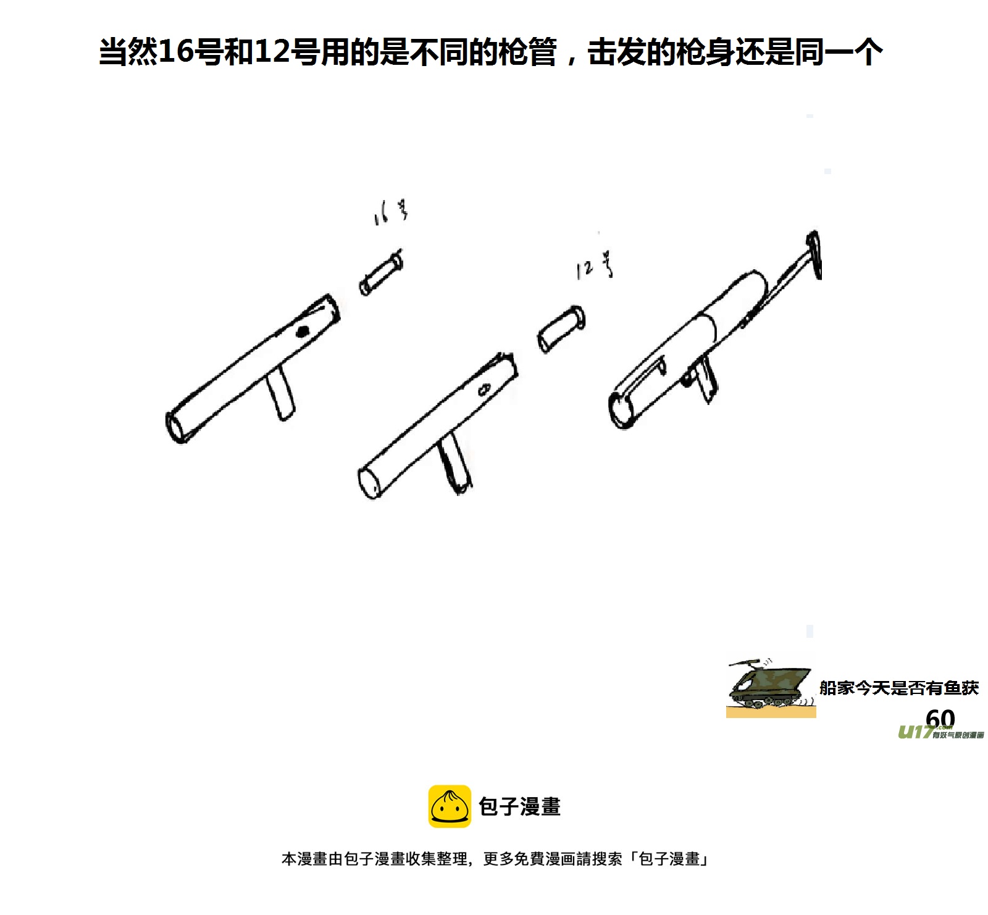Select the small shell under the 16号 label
[x=381, y=274]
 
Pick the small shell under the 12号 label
[x=561, y=328]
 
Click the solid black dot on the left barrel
[x=302, y=332]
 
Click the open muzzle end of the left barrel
[x=175, y=427]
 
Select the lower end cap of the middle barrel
[x=369, y=482]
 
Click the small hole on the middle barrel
[x=484, y=390]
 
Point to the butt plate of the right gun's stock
[x=814, y=254]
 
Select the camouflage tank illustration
[x=771, y=687]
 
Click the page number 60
[x=940, y=718]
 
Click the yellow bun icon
[x=450, y=806]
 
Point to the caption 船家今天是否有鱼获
[x=899, y=688]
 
